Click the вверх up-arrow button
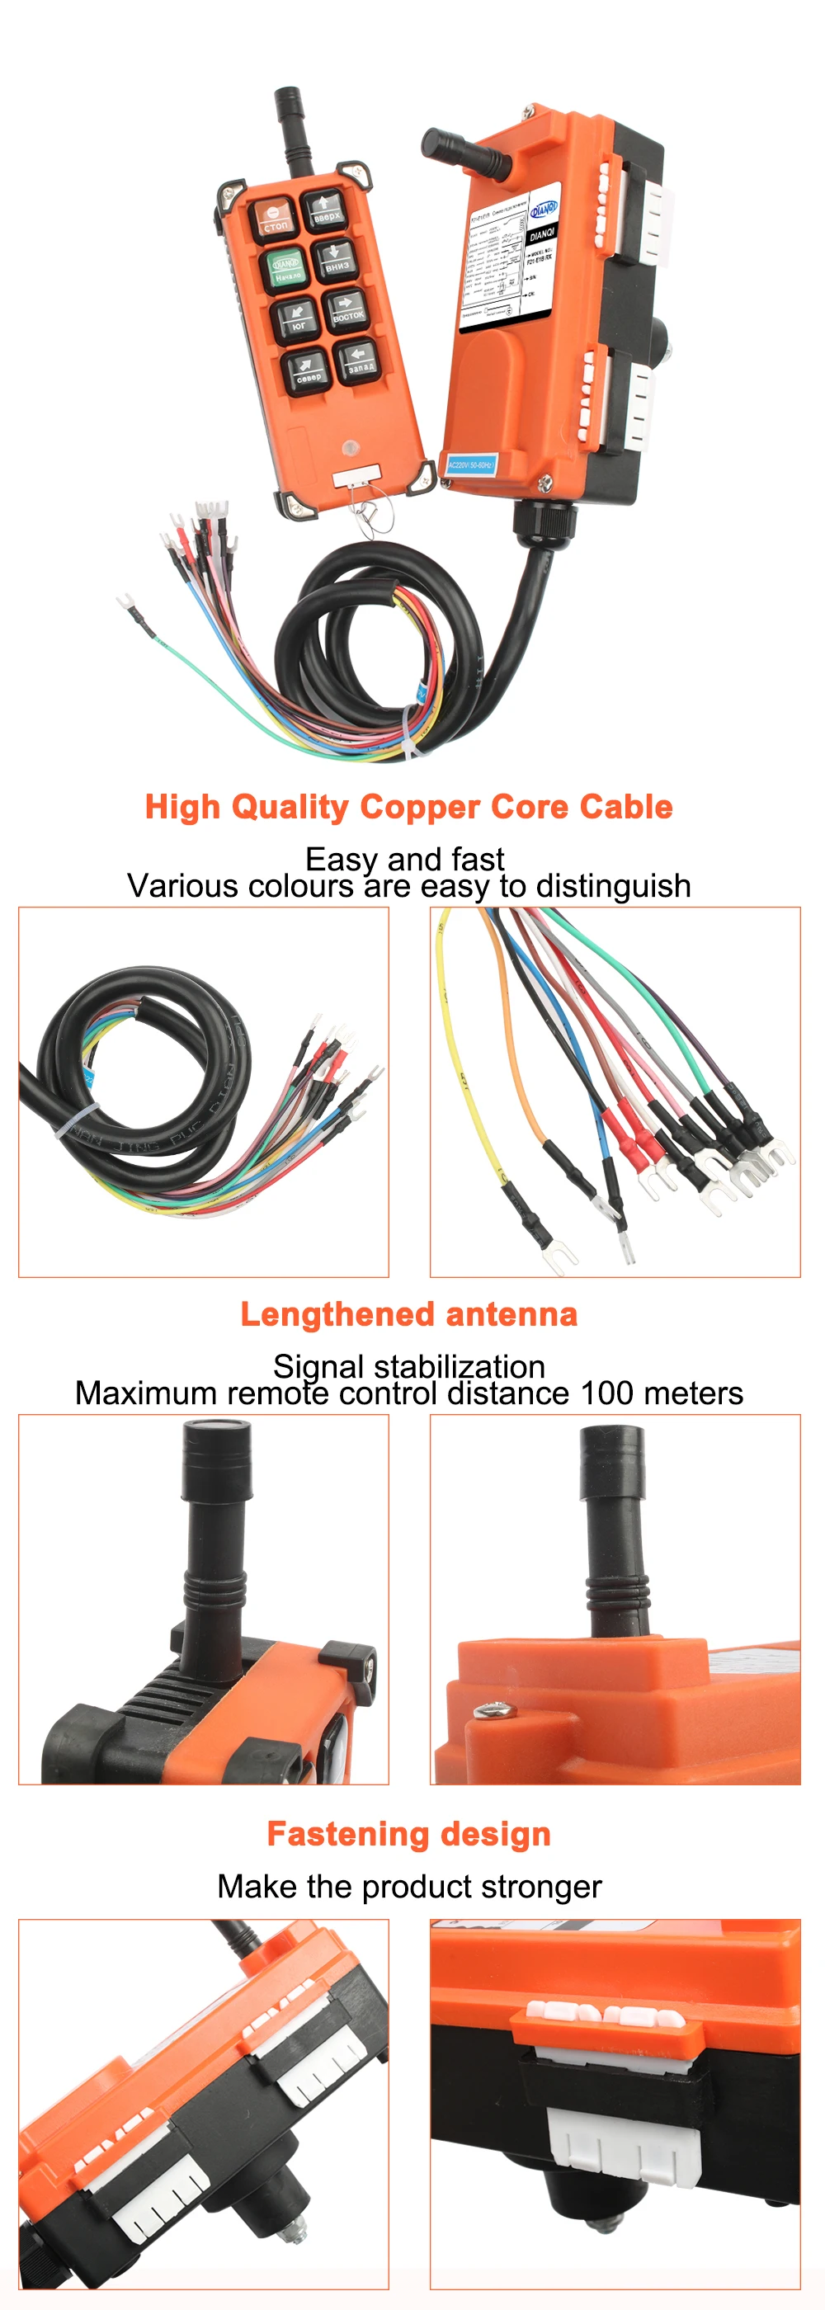tap(324, 210)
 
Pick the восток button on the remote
tap(347, 309)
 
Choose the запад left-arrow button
tap(359, 361)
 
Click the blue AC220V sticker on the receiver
tap(471, 464)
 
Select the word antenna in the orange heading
tap(512, 1314)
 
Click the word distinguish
tap(612, 886)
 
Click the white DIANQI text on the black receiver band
tap(542, 235)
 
